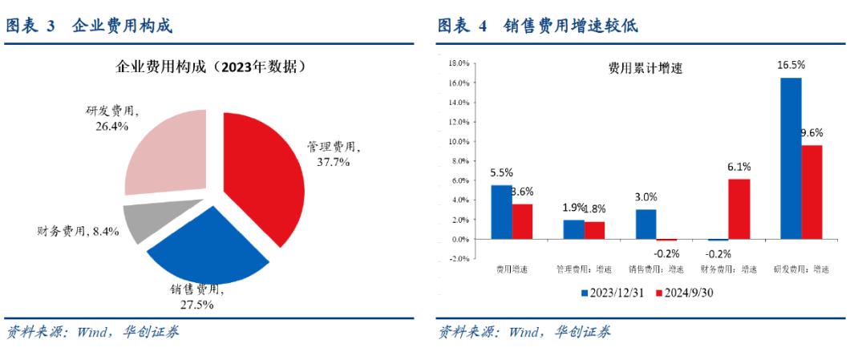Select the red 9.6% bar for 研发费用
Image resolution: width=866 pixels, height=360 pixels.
tap(811, 192)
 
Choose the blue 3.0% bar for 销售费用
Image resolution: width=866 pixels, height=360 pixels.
tap(645, 224)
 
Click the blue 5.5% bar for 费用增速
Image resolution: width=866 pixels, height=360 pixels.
tap(501, 212)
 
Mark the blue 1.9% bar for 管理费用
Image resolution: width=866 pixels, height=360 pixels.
tap(573, 229)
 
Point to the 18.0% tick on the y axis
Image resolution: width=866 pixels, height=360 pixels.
tap(458, 63)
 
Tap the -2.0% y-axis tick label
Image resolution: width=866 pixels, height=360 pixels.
tap(458, 258)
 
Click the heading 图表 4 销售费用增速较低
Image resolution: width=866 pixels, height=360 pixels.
tap(537, 26)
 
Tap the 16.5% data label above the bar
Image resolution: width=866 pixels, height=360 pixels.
tap(791, 65)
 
